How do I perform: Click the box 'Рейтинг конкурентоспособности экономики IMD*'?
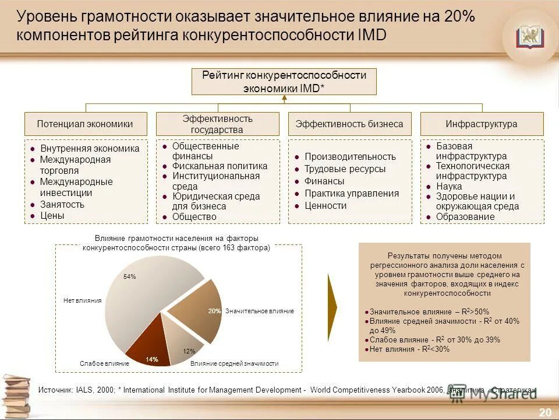(x=284, y=82)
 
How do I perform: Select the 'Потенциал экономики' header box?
(x=85, y=124)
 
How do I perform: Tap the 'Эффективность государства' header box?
(x=217, y=124)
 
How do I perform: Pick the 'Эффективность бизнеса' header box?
(x=349, y=124)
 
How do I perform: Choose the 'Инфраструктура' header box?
(x=482, y=124)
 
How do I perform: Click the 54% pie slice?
(x=140, y=292)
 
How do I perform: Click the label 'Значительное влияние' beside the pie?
(x=260, y=311)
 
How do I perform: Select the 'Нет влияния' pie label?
(x=82, y=300)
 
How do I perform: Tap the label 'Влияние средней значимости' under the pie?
(x=235, y=363)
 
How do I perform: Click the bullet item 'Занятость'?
(x=62, y=204)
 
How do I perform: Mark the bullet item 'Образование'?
(x=465, y=216)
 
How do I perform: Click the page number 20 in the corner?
(x=544, y=412)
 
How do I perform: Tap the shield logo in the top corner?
(x=529, y=37)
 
